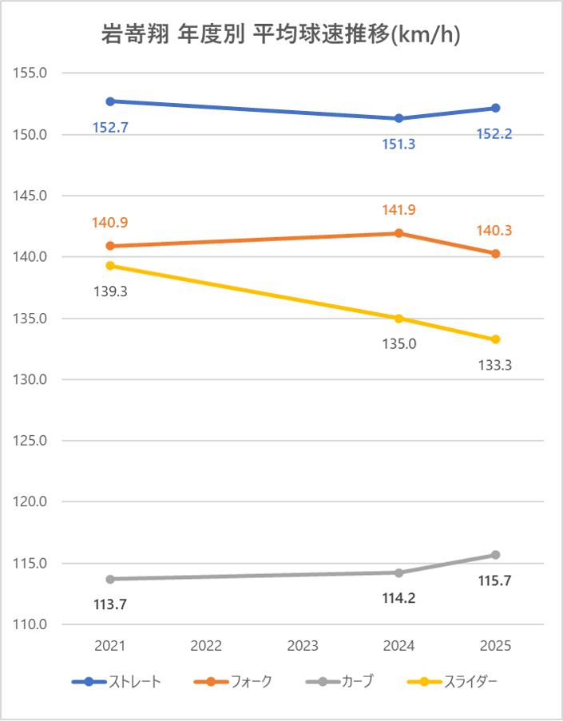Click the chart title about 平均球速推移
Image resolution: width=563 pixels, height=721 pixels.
coord(282,34)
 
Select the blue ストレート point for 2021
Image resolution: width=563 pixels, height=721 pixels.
coord(110,101)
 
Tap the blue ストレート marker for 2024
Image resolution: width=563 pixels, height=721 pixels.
coord(398,118)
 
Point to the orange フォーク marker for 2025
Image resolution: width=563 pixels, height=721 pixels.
coord(495,254)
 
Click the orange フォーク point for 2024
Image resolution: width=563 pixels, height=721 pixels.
coord(398,233)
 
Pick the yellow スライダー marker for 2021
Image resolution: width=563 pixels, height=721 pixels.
coord(110,265)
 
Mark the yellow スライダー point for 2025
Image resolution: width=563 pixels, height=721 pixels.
coord(495,339)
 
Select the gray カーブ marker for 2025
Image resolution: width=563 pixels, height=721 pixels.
coord(495,555)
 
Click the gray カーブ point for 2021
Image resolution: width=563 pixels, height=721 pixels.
coord(110,579)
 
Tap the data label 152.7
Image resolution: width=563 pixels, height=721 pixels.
coord(110,127)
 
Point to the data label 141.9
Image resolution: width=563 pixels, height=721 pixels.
coord(398,210)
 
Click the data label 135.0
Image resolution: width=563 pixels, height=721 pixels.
coord(398,345)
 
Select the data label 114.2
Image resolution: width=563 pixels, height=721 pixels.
coord(398,598)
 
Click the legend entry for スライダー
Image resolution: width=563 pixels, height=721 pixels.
coord(453,681)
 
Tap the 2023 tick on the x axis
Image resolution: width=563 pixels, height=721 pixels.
coord(303,646)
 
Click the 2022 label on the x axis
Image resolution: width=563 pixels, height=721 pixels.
coord(206,646)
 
